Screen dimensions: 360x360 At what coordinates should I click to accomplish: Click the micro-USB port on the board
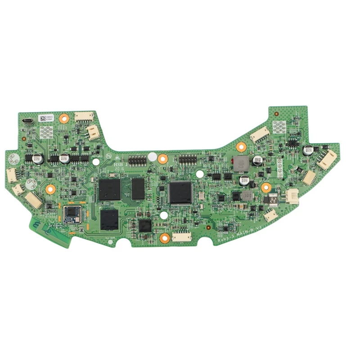click(27, 121)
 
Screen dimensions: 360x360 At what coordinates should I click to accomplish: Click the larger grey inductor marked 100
click(241, 164)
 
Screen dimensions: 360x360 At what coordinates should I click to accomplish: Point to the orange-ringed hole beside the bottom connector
click(165, 237)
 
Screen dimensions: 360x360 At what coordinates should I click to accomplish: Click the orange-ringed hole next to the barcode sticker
click(63, 119)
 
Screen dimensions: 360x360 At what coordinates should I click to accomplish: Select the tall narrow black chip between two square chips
click(138, 188)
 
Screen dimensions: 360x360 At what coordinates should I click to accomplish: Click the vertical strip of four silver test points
click(279, 169)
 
